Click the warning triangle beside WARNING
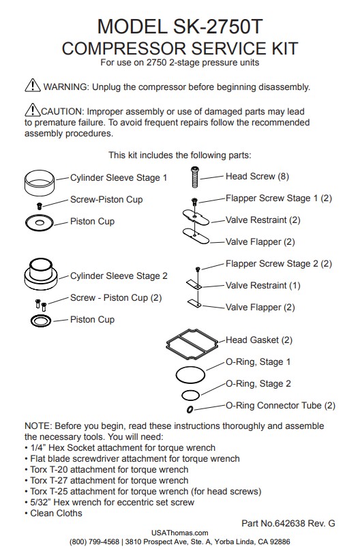click(x=33, y=85)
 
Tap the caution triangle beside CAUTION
click(x=33, y=110)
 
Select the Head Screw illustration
click(x=195, y=177)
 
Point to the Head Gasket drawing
click(x=192, y=344)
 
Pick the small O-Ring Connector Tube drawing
click(x=190, y=409)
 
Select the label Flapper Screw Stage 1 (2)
click(x=278, y=198)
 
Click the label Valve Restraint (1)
click(x=262, y=285)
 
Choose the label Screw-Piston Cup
click(x=106, y=200)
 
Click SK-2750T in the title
click(x=217, y=27)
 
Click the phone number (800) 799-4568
click(x=94, y=541)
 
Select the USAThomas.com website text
click(x=179, y=533)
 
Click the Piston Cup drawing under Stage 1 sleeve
click(x=40, y=223)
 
